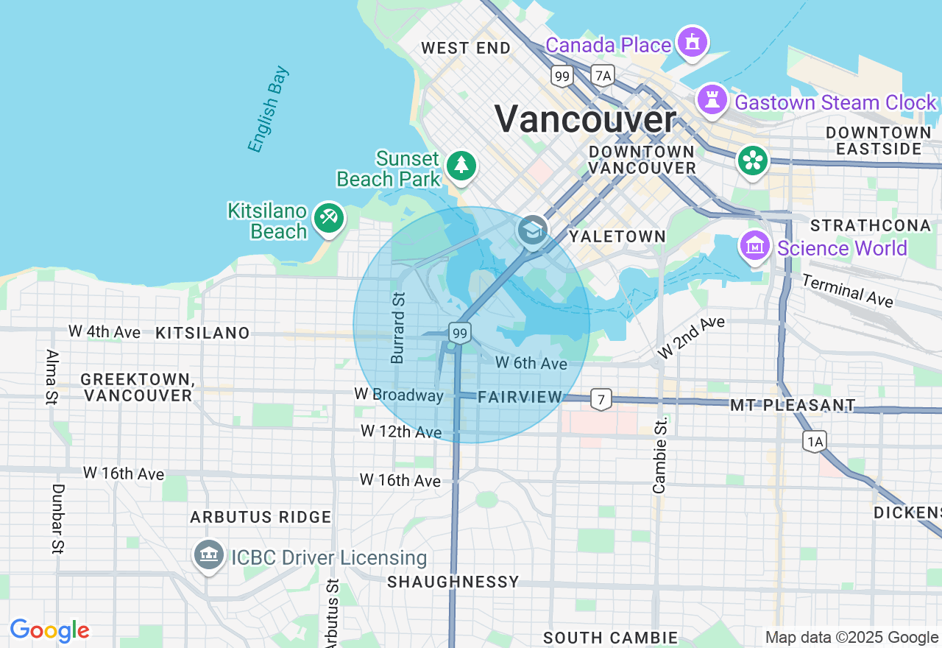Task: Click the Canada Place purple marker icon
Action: point(693,43)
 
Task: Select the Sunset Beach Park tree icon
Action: point(461,165)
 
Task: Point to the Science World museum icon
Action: point(754,247)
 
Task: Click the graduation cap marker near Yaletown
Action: point(532,230)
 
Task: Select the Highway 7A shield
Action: point(603,75)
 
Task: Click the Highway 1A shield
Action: point(814,441)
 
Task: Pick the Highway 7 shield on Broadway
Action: point(601,400)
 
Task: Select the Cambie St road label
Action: point(659,455)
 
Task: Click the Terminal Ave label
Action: point(847,290)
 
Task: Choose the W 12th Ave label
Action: point(401,431)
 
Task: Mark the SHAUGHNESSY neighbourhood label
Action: point(453,582)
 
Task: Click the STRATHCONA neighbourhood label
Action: point(870,225)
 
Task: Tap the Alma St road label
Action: point(50,377)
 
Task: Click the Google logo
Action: point(49,630)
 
